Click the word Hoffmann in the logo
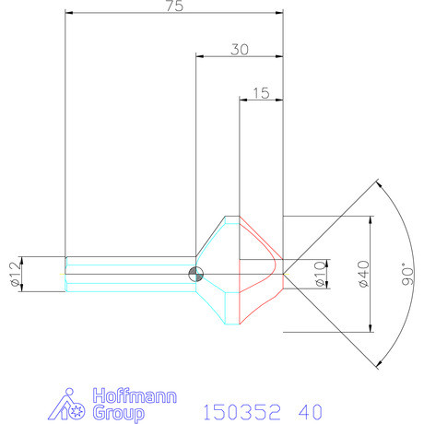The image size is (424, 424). tap(135, 398)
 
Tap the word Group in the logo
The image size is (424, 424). tap(120, 414)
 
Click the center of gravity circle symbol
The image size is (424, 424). tap(195, 273)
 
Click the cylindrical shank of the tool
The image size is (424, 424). tap(129, 273)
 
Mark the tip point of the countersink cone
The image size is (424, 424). tap(283, 274)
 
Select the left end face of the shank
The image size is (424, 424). tap(66, 273)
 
